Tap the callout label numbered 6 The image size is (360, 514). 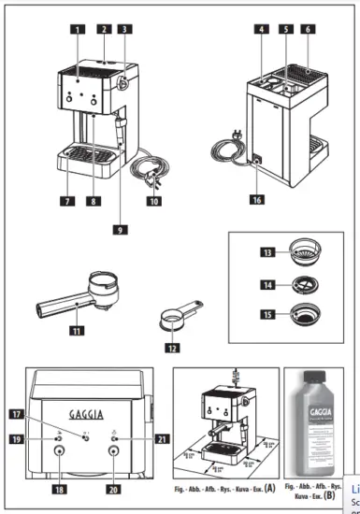pyautogui.click(x=307, y=29)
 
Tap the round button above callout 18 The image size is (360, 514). pyautogui.click(x=60, y=450)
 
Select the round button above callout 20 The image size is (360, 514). pyautogui.click(x=114, y=450)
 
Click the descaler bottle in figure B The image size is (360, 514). pyautogui.click(x=317, y=428)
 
